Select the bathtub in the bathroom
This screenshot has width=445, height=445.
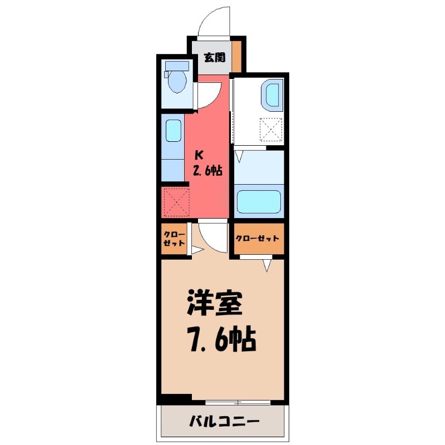tap(259, 202)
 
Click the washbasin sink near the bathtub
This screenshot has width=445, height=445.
tap(274, 94)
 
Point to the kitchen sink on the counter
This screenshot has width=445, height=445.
tap(172, 131)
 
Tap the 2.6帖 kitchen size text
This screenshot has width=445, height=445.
tap(207, 171)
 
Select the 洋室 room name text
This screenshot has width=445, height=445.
tap(214, 304)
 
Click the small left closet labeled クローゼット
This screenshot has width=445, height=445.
tap(174, 239)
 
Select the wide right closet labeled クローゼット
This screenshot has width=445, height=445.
tap(257, 238)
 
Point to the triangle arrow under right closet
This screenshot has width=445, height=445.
tap(268, 265)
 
